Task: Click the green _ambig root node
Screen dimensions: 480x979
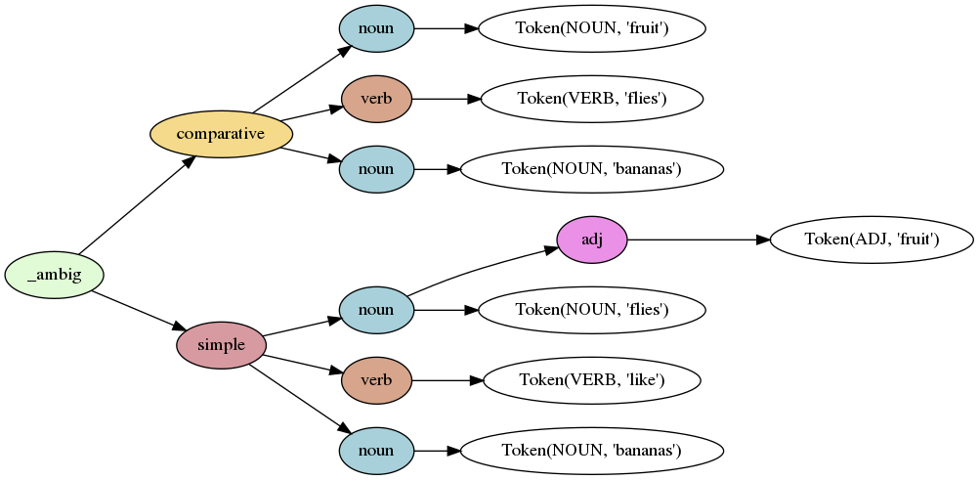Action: coord(54,275)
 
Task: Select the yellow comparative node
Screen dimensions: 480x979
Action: coord(221,134)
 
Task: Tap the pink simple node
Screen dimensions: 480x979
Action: coord(221,345)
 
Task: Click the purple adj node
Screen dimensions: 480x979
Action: coord(591,240)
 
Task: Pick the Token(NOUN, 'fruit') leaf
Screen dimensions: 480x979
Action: coord(591,28)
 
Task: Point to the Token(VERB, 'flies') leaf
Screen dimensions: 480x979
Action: coord(591,99)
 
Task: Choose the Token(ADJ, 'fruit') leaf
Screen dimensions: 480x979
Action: coord(872,240)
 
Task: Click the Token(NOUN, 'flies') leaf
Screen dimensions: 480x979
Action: coord(591,310)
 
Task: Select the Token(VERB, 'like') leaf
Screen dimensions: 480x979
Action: coord(591,380)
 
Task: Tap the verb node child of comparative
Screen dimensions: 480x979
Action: coord(376,99)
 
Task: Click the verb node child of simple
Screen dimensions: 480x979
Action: coord(376,380)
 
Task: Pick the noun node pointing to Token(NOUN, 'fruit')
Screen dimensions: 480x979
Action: coord(376,28)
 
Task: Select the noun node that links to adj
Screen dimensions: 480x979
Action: coord(376,310)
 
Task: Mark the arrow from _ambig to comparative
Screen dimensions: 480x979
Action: coord(137,204)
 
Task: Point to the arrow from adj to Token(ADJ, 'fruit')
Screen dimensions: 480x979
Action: coord(698,240)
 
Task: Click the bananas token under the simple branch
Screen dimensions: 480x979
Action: coord(591,451)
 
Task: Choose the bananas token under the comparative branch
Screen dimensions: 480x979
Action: coord(591,169)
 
